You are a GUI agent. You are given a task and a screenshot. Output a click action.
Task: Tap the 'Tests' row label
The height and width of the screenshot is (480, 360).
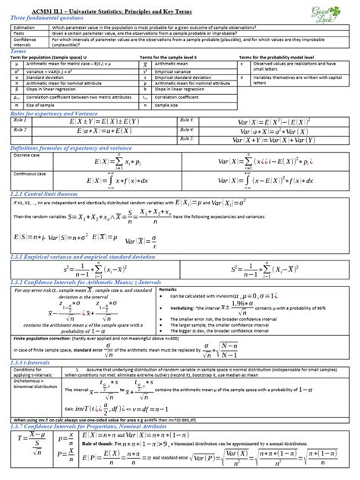click(19, 32)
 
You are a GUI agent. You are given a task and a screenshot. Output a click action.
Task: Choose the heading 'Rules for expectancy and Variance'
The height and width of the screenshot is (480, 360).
click(50, 114)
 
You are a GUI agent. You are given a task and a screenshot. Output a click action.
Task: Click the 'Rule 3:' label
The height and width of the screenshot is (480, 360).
click(188, 120)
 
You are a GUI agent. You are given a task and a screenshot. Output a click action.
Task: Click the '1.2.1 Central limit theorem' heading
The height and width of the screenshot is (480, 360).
click(46, 193)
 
